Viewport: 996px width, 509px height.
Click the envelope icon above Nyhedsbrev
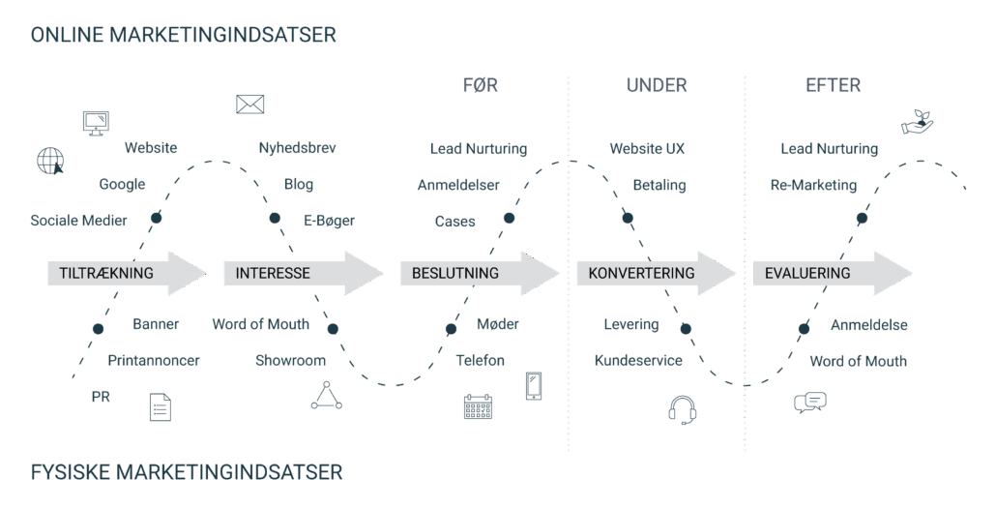249,105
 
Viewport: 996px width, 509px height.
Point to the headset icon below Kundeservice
683,409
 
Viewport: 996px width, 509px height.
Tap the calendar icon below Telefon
478,406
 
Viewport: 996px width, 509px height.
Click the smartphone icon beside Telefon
534,385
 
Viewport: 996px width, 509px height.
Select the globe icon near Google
49,160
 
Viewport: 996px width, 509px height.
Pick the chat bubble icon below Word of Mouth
809,403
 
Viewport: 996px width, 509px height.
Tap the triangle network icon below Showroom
326,395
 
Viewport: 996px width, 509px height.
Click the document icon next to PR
160,406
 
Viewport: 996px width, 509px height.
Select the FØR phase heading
481,85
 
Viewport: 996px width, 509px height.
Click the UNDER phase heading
657,85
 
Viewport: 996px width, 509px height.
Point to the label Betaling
659,185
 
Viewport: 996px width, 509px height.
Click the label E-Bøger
329,221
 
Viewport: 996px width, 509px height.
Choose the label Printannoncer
154,360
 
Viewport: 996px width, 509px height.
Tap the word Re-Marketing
813,185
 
